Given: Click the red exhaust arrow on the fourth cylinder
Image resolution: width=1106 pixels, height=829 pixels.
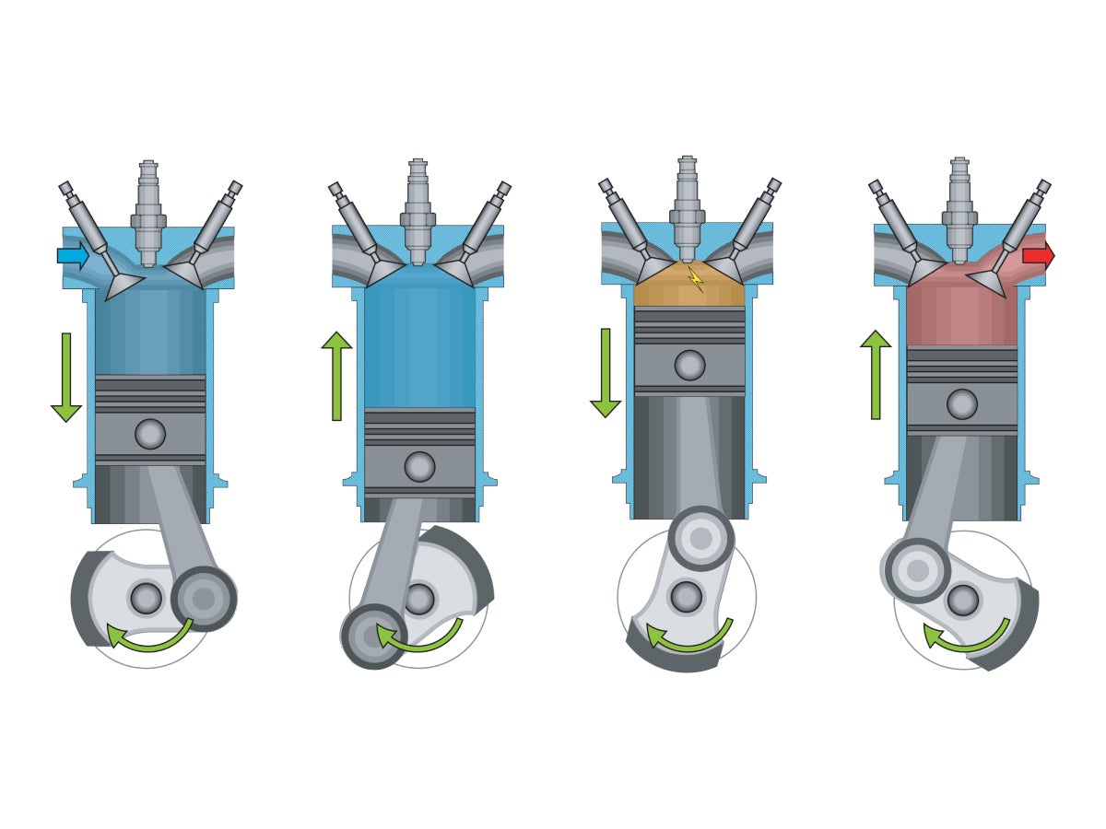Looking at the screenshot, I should click(x=1037, y=255).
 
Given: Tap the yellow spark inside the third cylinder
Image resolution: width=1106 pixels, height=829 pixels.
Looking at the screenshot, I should click(x=695, y=277).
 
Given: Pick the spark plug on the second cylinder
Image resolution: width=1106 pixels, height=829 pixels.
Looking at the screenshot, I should click(x=418, y=212).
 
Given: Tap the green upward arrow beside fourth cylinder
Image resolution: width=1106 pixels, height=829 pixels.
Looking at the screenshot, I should click(x=875, y=374).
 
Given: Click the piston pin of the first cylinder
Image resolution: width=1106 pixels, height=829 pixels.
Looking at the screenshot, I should click(x=150, y=434).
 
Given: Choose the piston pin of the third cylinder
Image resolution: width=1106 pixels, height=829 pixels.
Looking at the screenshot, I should click(x=689, y=365).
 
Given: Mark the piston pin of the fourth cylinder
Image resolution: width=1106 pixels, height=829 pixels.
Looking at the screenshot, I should click(x=961, y=403).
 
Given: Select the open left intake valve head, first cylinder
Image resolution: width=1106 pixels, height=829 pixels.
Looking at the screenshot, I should click(x=124, y=285).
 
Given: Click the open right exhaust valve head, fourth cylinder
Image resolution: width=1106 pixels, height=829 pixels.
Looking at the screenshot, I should click(x=985, y=283).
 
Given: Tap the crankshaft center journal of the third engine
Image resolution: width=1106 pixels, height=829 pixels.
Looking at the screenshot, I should click(x=686, y=597).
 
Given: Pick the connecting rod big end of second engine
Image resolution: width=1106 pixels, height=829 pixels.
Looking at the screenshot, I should click(x=373, y=636).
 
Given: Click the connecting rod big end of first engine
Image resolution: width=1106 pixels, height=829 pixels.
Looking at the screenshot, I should click(x=204, y=599).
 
